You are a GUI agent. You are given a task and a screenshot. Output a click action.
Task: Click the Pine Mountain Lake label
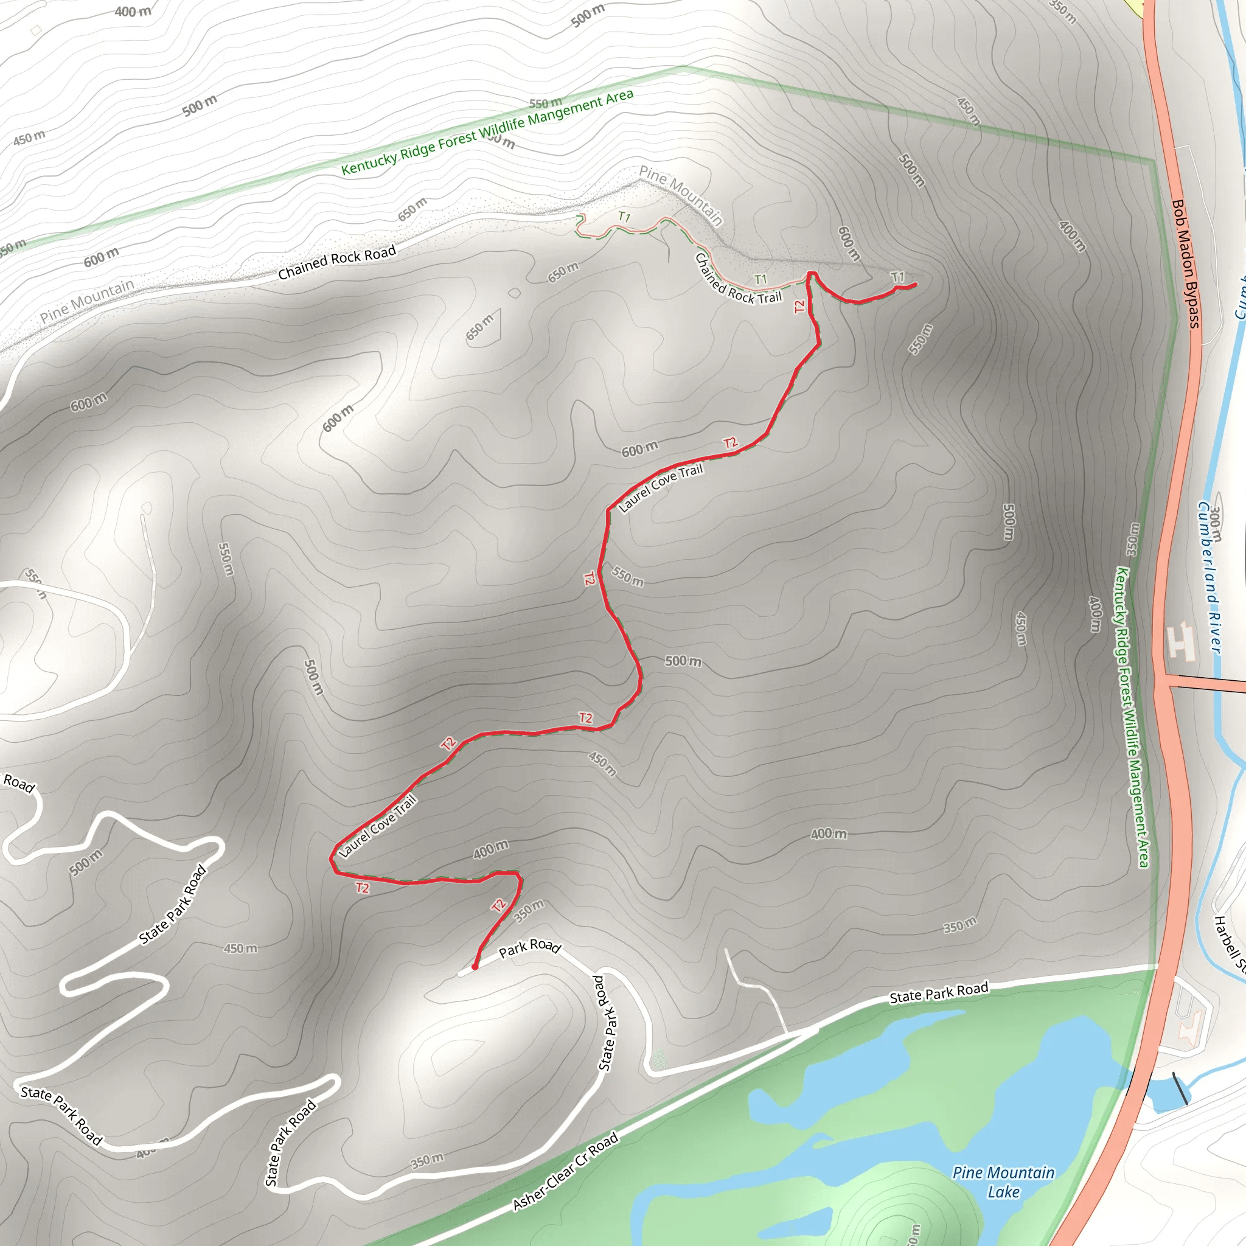point(1003,1182)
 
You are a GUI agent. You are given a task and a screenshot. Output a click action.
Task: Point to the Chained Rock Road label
point(336,262)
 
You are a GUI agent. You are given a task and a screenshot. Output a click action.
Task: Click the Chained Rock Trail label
point(738,279)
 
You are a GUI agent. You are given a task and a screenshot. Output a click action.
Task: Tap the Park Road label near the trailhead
point(529,948)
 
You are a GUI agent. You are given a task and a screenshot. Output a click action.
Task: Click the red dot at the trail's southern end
point(475,967)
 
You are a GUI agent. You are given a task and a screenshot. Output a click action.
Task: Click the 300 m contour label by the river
point(1215,524)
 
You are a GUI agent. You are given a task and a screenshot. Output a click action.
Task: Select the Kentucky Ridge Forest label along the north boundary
point(487,132)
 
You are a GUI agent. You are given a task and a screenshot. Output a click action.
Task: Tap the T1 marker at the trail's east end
point(898,277)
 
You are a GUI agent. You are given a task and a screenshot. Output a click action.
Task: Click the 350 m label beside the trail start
point(529,911)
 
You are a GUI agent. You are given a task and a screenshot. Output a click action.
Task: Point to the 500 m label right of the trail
point(683,661)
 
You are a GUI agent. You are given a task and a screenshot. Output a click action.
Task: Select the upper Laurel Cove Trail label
point(660,487)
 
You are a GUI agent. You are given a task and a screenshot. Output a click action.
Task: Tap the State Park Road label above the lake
point(938,993)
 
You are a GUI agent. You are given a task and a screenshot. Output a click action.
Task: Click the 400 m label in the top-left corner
point(133,11)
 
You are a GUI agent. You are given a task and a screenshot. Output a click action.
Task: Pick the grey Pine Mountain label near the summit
point(680,195)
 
